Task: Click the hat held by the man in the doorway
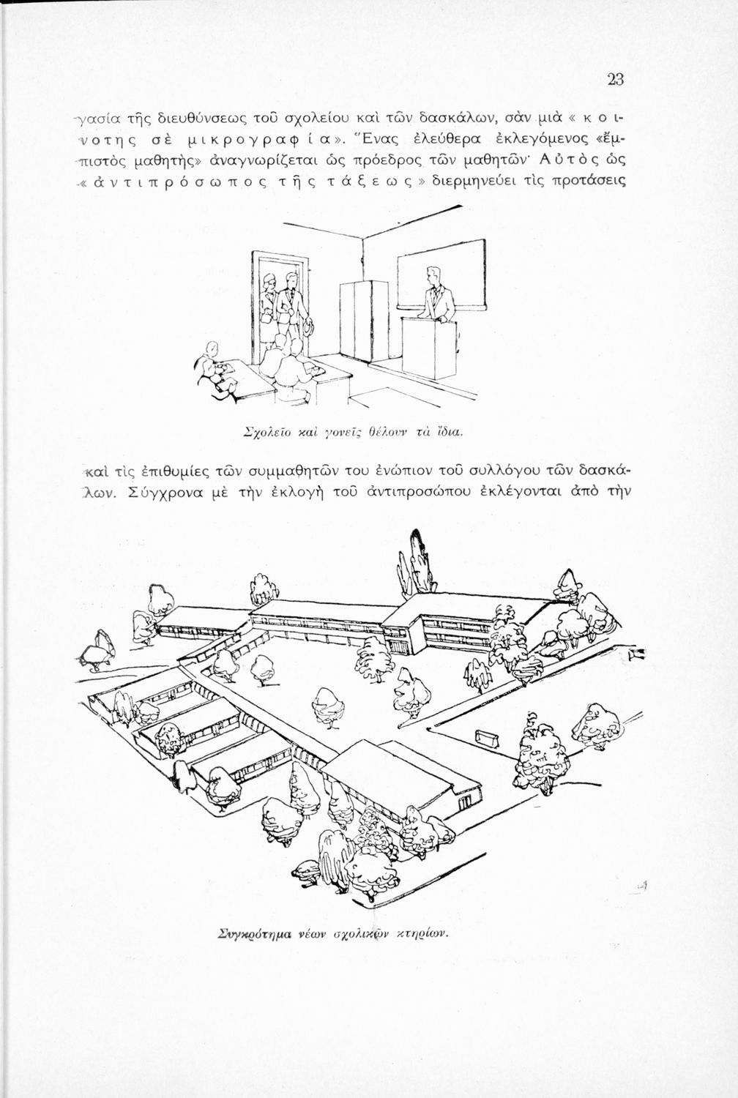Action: (308, 327)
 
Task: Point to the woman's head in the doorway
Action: (269, 281)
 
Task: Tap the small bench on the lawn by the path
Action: (487, 738)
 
